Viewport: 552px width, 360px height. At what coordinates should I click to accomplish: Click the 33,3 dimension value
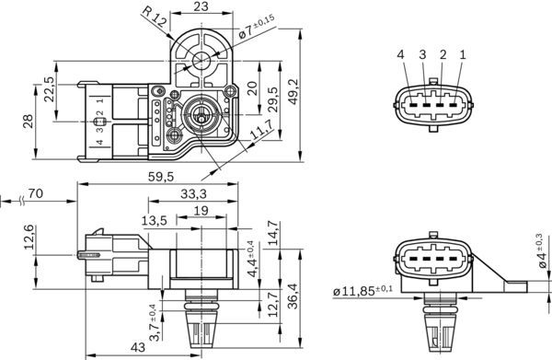pos(191,194)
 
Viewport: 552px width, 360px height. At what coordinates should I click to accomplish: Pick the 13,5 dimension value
pos(154,221)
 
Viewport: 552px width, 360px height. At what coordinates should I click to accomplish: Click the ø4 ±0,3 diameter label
pos(541,253)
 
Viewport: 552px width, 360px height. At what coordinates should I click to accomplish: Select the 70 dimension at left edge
pos(37,194)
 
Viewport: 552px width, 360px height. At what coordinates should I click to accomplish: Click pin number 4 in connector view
pos(401,56)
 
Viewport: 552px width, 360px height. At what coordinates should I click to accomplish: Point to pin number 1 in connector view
pos(462,56)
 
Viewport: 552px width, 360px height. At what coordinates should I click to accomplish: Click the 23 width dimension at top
pos(201,7)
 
